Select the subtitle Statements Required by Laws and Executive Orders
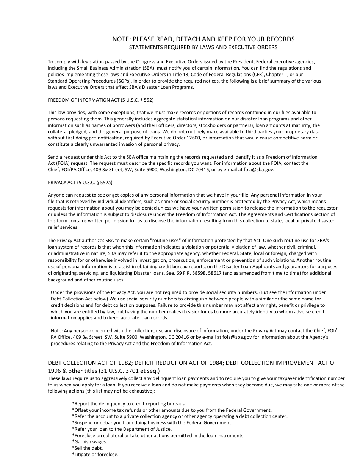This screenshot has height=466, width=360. pos(203,47)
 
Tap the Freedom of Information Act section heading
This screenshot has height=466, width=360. pos(100,100)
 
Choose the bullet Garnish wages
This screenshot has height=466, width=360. pos(89,442)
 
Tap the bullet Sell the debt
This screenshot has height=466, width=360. pos(87,448)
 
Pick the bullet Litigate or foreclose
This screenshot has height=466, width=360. pos(95,455)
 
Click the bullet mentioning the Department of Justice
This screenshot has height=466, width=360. pos(122,429)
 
